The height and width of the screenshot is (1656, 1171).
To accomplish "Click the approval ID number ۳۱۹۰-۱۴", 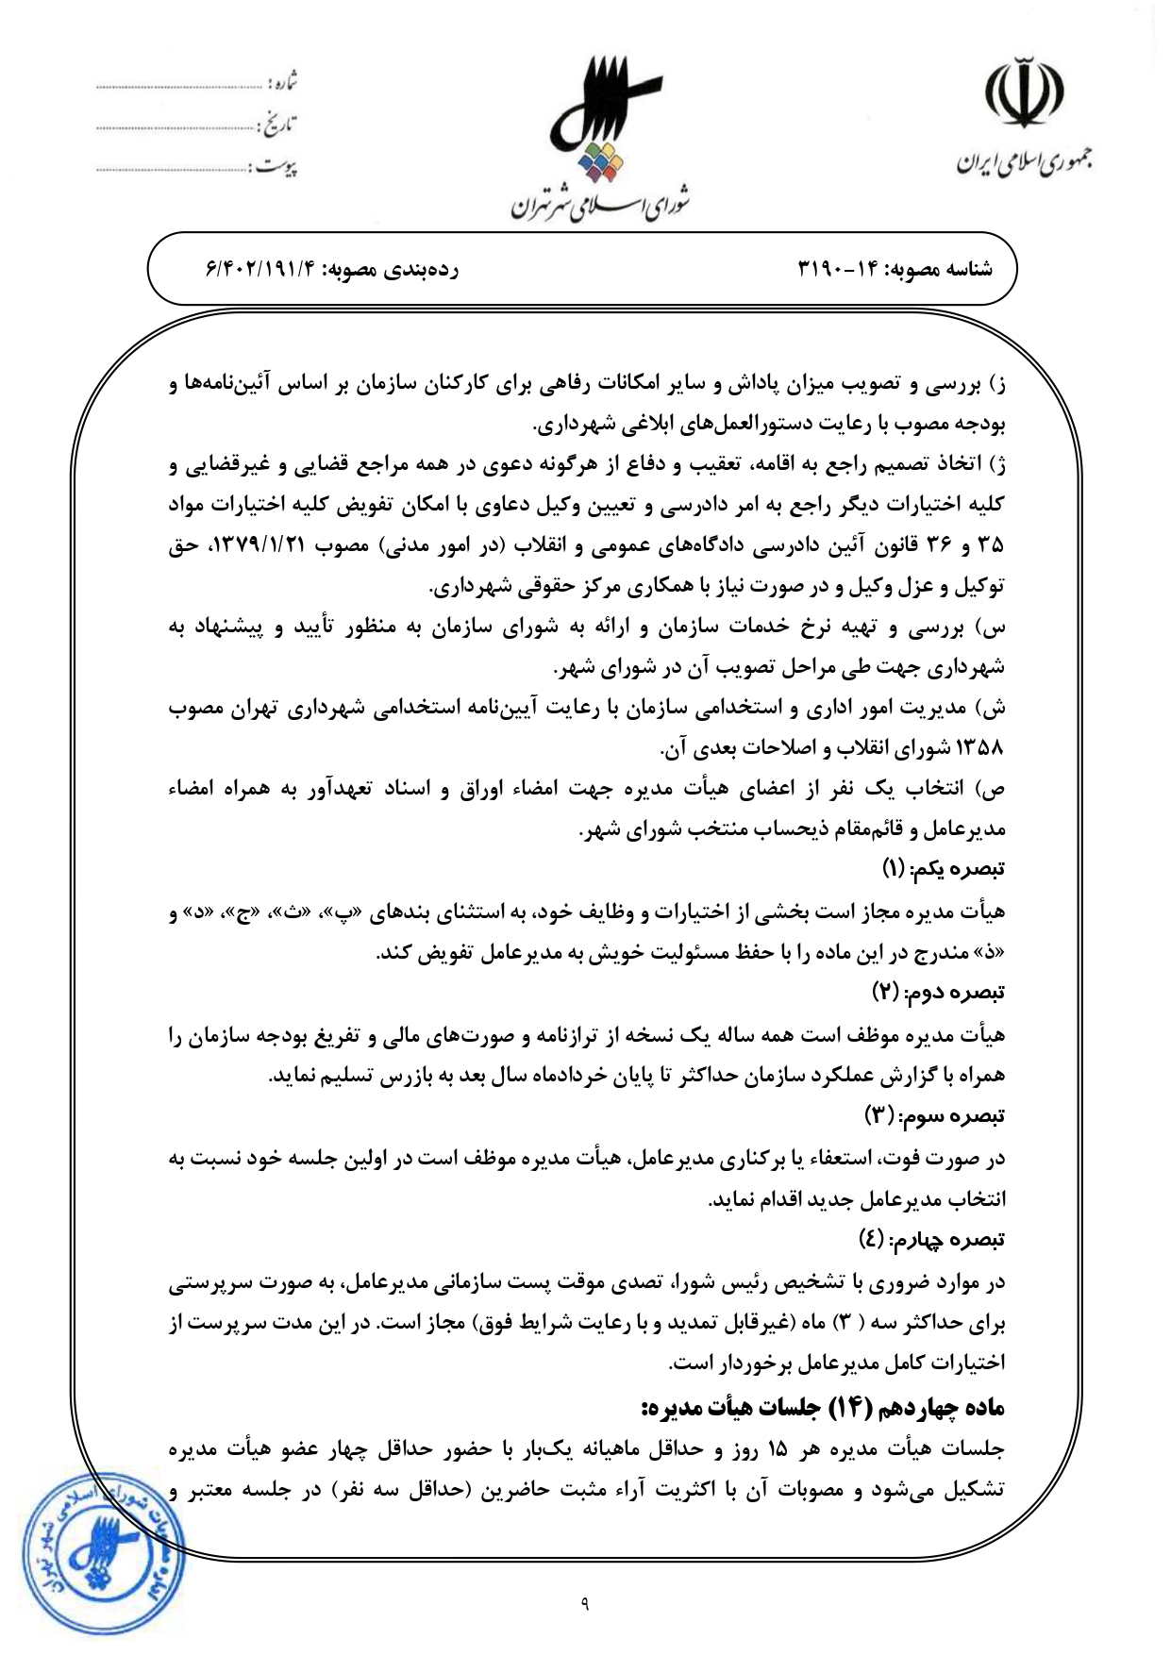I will click(838, 269).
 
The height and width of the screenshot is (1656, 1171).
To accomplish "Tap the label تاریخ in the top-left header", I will click(279, 124).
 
